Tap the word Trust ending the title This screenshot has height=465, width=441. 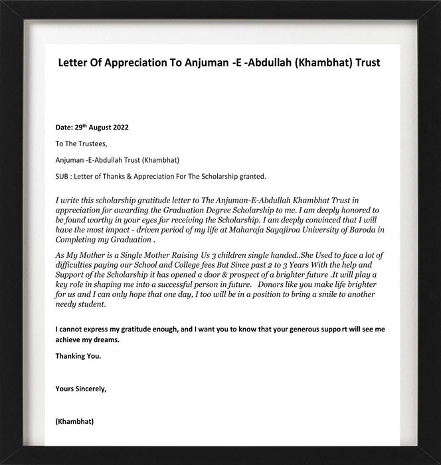(365, 63)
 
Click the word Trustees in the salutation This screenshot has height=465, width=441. (89, 143)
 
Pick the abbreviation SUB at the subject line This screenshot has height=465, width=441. (63, 176)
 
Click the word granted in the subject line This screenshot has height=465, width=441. (252, 176)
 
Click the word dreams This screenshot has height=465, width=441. (105, 339)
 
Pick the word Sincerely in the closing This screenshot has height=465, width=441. (89, 389)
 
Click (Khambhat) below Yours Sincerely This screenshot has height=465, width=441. (75, 421)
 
